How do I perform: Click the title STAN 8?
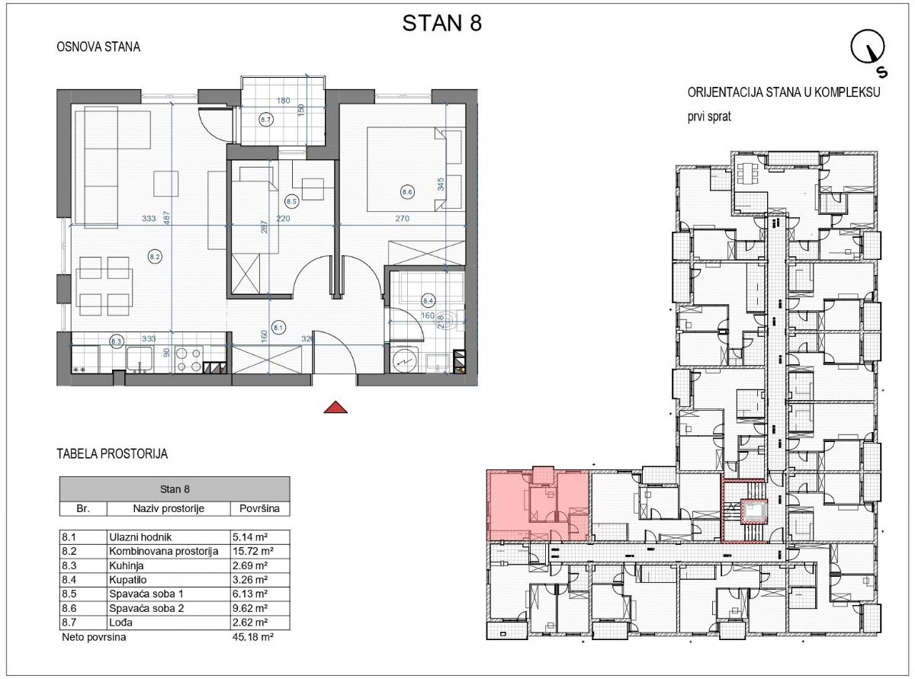tap(441, 23)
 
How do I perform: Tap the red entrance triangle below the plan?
tap(335, 407)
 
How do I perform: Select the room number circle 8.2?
tap(155, 257)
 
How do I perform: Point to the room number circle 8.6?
tap(406, 192)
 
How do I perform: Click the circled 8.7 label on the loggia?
tap(265, 120)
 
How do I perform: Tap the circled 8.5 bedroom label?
tap(291, 201)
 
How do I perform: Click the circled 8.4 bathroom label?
tap(429, 301)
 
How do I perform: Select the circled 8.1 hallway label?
tap(278, 328)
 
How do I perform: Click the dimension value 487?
tap(167, 219)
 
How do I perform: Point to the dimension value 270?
tap(403, 219)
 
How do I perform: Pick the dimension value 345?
tap(441, 184)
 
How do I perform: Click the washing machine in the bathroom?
tap(404, 360)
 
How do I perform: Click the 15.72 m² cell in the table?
tap(250, 551)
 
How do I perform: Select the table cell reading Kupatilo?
tap(128, 580)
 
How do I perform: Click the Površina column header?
tap(259, 508)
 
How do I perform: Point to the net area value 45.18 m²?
tap(253, 636)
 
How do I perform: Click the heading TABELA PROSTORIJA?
tap(112, 454)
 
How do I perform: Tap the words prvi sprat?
tap(709, 117)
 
